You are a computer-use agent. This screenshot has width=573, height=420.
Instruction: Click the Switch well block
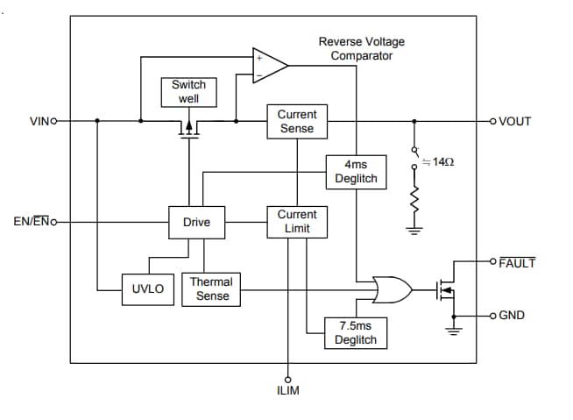pos(188,91)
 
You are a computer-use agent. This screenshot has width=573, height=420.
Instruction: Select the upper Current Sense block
pos(296,121)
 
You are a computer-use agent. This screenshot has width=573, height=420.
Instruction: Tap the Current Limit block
pos(296,221)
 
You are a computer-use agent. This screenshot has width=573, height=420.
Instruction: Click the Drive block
pos(196,222)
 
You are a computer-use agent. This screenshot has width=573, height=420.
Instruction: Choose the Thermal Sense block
pos(212,288)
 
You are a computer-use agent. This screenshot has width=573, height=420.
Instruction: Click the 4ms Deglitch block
pos(356,171)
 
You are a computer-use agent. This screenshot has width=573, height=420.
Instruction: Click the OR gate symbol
pos(392,288)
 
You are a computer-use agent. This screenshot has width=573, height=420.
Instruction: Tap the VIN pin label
pos(43,121)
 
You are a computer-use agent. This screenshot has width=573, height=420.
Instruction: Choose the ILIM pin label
pos(287,390)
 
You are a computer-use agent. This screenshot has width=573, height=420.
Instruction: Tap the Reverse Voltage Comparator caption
pos(362,48)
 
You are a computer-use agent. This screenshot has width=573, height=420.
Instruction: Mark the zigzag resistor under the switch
pos(414,204)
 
